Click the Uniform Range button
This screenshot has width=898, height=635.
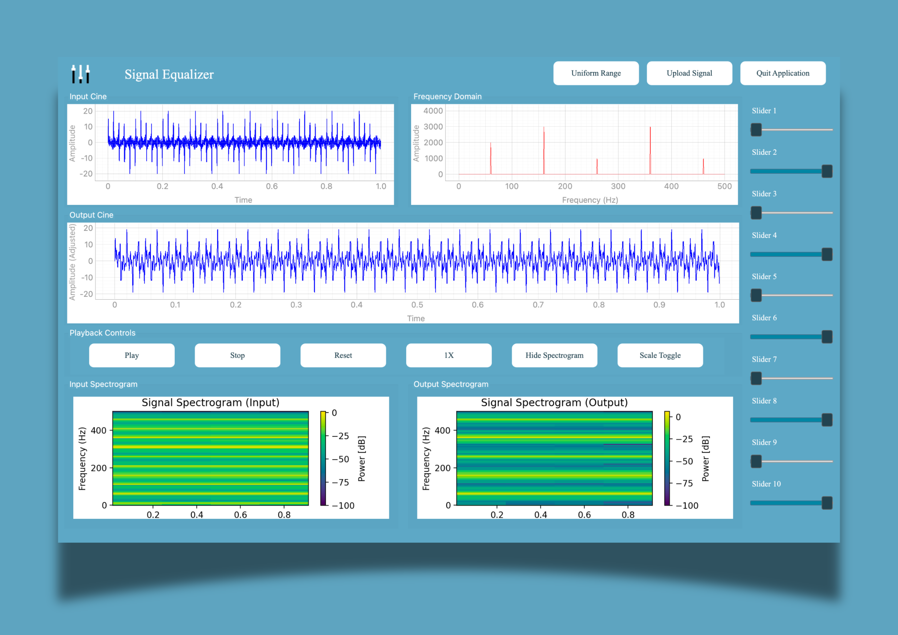(x=596, y=73)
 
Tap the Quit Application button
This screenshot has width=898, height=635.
(x=783, y=73)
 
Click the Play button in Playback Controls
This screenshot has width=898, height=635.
(x=132, y=355)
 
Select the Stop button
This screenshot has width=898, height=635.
(x=237, y=355)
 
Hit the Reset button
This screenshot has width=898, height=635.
(x=343, y=355)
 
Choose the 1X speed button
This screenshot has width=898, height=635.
(x=449, y=355)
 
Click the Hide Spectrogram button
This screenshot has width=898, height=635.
(x=554, y=355)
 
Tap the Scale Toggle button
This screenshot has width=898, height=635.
(x=660, y=355)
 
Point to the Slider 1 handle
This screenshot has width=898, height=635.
(x=756, y=130)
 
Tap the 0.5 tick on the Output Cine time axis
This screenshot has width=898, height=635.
(x=417, y=305)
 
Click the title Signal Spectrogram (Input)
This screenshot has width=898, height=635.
(x=210, y=403)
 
